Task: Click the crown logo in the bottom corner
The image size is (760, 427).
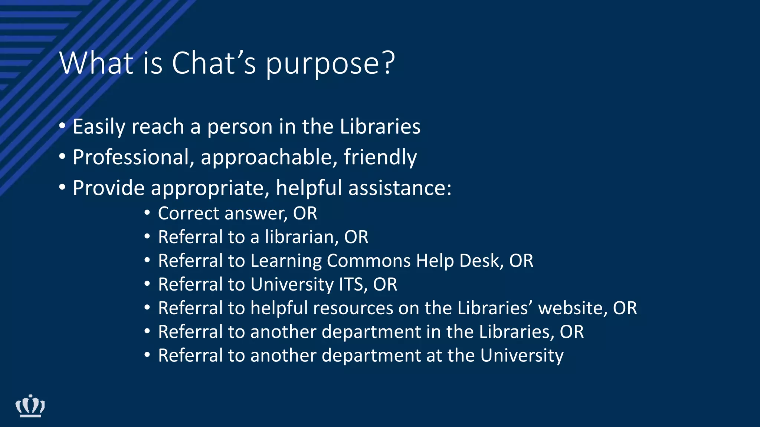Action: (x=30, y=406)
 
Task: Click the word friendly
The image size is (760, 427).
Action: (x=380, y=157)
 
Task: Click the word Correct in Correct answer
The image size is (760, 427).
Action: (x=189, y=213)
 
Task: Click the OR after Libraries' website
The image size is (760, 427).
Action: (x=625, y=308)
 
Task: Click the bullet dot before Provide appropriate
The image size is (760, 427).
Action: (x=62, y=188)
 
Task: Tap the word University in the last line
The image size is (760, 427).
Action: (x=522, y=356)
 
